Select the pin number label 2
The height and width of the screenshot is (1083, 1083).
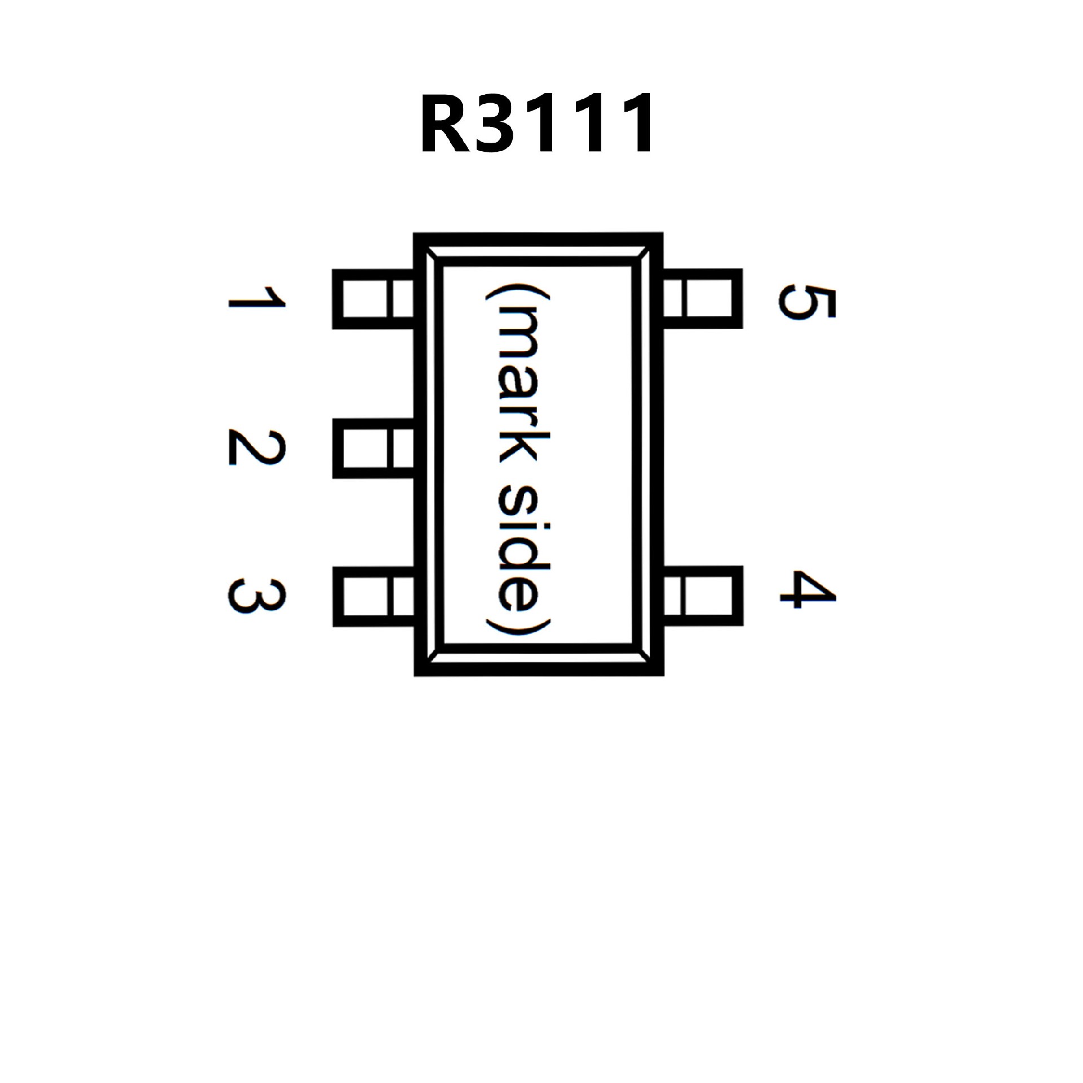pos(257,448)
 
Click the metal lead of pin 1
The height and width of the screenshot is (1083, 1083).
pos(372,298)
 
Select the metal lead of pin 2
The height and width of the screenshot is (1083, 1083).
pos(372,448)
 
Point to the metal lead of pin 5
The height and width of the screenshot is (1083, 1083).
pos(702,298)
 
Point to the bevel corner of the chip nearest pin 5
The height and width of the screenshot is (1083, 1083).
pos(642,257)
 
